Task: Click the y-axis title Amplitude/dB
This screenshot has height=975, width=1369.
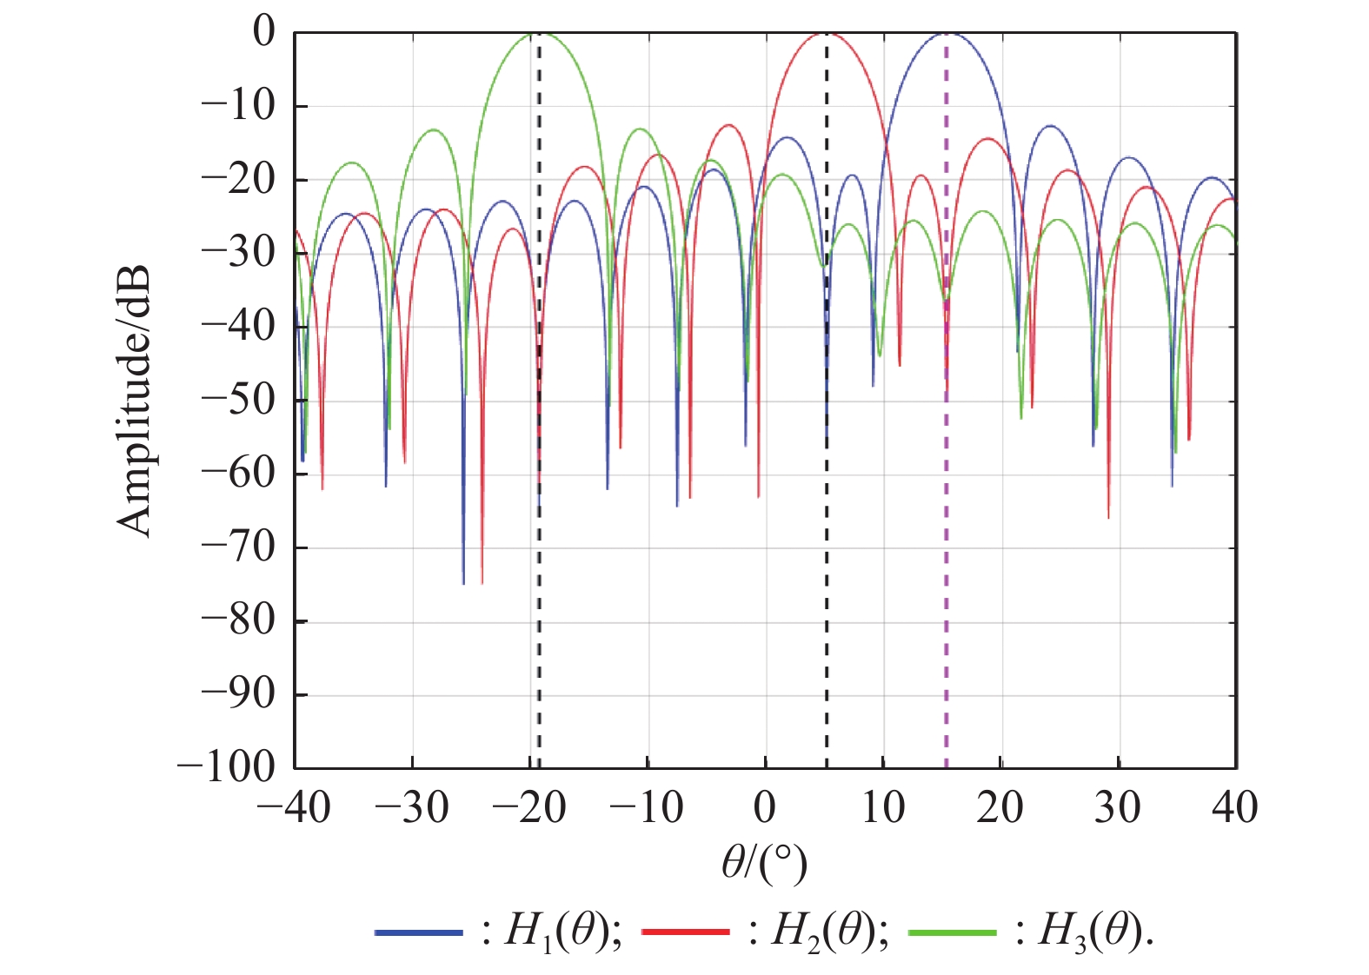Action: (135, 401)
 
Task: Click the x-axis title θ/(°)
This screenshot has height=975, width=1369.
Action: (764, 863)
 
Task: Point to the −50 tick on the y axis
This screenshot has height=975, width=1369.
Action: (238, 401)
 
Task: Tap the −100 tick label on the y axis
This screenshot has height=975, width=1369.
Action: (226, 767)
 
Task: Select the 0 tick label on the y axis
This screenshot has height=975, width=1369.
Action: (263, 33)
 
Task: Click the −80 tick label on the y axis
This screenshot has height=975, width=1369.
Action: (238, 620)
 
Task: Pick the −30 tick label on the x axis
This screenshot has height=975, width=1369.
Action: (412, 808)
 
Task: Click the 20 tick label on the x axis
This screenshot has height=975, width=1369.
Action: (1000, 808)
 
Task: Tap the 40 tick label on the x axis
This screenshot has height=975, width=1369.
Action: (1234, 808)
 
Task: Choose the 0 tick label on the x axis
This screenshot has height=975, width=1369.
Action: (764, 808)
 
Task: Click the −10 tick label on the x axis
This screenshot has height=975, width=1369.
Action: (647, 808)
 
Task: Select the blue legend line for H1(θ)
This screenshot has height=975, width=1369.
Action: (419, 932)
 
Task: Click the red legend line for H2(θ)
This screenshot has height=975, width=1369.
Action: (685, 932)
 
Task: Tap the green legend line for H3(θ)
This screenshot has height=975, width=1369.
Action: (952, 932)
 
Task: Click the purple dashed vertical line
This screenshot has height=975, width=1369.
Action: (947, 565)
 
